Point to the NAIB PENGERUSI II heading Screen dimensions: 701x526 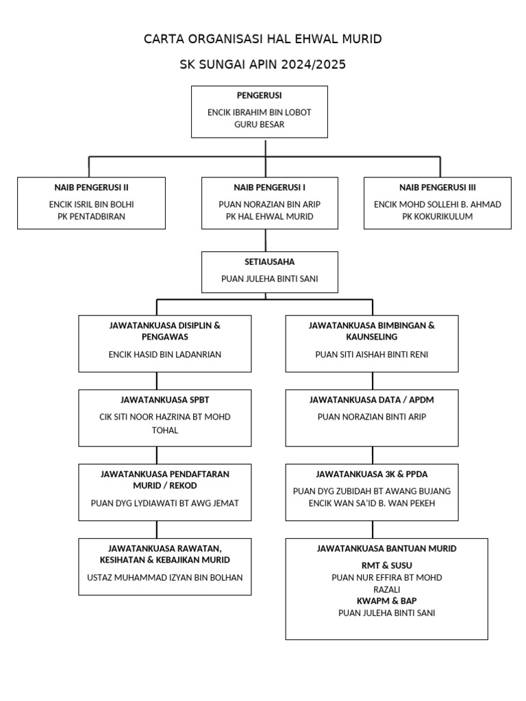coord(91,187)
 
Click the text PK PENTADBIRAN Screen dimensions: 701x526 coord(91,216)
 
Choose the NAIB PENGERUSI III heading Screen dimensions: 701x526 coord(438,187)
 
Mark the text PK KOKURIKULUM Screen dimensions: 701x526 coord(438,216)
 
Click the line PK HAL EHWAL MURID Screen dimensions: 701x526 coord(269,216)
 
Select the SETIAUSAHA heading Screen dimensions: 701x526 coord(269,262)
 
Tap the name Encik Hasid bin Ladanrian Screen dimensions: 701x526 coord(165,354)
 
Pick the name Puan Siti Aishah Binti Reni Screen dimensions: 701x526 coord(372,354)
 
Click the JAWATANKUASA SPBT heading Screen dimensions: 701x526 coord(165,399)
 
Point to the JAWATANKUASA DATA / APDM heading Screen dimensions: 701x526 coord(372,399)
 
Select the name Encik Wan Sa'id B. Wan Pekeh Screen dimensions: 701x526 coord(372,503)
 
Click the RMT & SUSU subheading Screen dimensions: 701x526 coord(386,565)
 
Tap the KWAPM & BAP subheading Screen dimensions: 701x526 coord(386,600)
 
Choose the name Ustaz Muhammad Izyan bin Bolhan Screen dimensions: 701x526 coord(165,577)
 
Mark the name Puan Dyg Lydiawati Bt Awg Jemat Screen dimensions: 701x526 coord(165,503)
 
